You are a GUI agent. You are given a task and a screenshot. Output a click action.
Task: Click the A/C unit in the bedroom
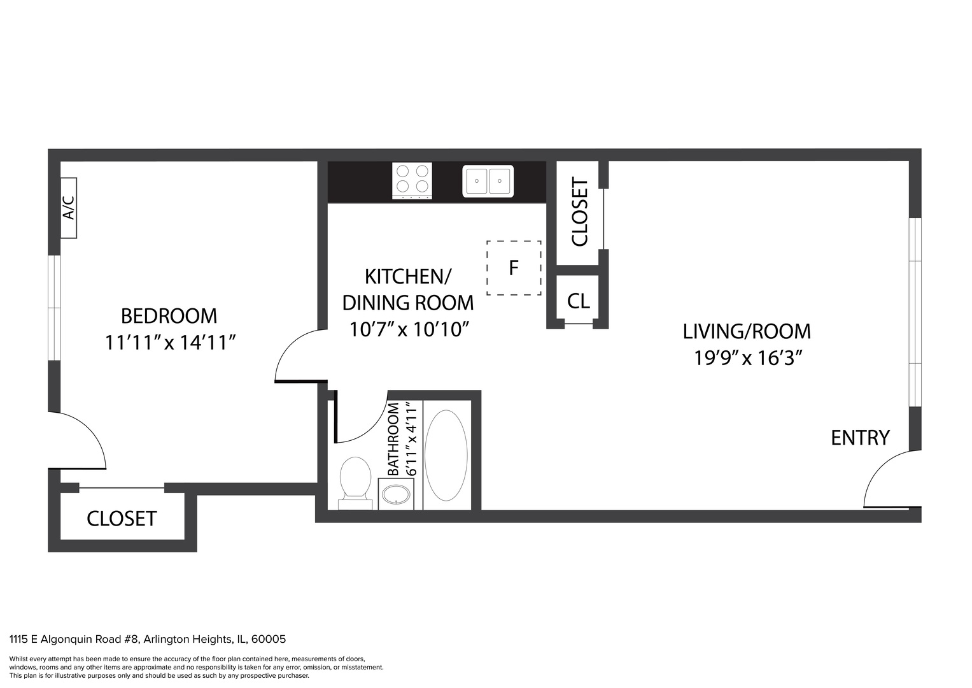pyautogui.click(x=69, y=208)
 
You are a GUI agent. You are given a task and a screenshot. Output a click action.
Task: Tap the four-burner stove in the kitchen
pyautogui.click(x=412, y=181)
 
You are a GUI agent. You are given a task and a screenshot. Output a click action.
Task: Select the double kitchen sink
pyautogui.click(x=488, y=181)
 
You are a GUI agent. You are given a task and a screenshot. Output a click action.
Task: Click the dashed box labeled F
pyautogui.click(x=514, y=268)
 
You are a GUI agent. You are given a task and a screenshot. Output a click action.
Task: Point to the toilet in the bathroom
pyautogui.click(x=355, y=483)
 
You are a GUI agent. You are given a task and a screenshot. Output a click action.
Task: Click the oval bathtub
pyautogui.click(x=446, y=455)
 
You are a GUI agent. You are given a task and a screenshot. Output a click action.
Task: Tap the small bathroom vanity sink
pyautogui.click(x=396, y=494)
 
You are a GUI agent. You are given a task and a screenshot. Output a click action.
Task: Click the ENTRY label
pyautogui.click(x=860, y=438)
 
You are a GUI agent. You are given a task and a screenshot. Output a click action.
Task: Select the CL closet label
pyautogui.click(x=579, y=301)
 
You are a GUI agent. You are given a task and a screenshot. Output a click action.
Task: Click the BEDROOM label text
pyautogui.click(x=169, y=316)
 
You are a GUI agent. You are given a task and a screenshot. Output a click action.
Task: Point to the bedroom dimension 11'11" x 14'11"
pyautogui.click(x=170, y=343)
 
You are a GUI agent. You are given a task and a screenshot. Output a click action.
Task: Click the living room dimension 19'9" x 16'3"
pyautogui.click(x=747, y=358)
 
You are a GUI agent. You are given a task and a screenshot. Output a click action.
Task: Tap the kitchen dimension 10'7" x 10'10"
pyautogui.click(x=410, y=330)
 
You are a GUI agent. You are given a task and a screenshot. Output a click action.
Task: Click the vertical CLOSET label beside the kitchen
pyautogui.click(x=580, y=212)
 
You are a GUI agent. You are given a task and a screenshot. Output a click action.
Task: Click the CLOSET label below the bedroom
pyautogui.click(x=122, y=519)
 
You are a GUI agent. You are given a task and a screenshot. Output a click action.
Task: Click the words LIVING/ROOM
pyautogui.click(x=747, y=332)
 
